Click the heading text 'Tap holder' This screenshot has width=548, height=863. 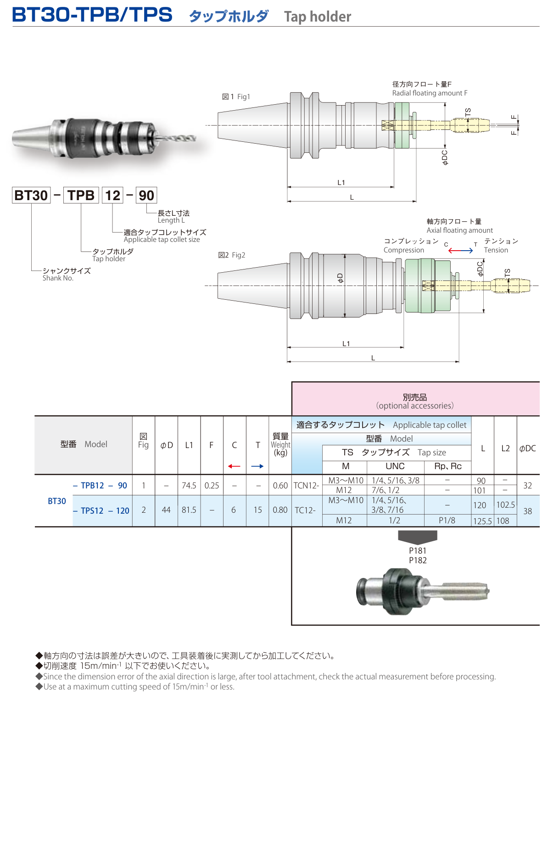(x=318, y=17)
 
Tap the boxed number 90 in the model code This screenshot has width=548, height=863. (x=146, y=196)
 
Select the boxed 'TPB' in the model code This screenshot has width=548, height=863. (x=81, y=196)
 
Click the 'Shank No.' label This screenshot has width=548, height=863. (x=58, y=278)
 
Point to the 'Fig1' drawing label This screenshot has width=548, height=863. (x=244, y=97)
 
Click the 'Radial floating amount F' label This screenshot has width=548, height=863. (x=430, y=93)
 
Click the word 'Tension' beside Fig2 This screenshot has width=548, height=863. (x=496, y=250)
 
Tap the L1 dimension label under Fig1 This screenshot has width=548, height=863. (x=341, y=183)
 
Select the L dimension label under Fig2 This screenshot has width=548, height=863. (x=373, y=358)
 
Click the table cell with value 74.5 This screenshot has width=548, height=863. (x=189, y=486)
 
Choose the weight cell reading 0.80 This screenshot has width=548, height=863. (x=280, y=510)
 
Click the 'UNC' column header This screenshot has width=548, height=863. (x=395, y=466)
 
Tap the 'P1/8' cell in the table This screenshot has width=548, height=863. (x=447, y=521)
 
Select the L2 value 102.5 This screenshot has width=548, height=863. (x=505, y=505)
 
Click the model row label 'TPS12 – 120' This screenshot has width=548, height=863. (x=101, y=511)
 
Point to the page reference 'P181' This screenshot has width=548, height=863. (x=418, y=551)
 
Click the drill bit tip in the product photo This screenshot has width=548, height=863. (x=196, y=138)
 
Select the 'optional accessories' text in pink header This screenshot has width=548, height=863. (x=415, y=406)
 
